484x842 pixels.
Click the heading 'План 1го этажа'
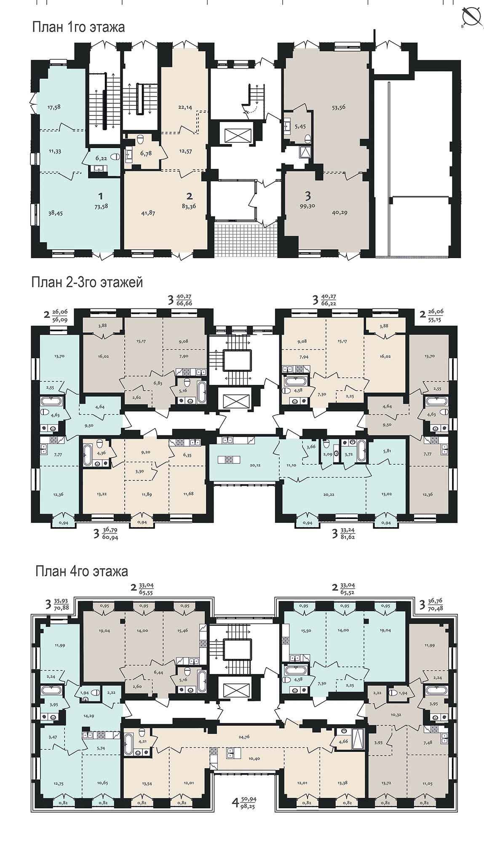tap(78, 27)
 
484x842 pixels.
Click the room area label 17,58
tap(54, 107)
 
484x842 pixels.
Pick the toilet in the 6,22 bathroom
tap(115, 157)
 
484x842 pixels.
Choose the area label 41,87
tap(148, 213)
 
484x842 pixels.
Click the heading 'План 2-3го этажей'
tap(87, 282)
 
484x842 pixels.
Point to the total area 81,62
tap(348, 538)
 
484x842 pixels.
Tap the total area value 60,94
tap(110, 538)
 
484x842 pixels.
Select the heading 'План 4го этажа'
tap(82, 572)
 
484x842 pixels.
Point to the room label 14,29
tap(88, 716)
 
